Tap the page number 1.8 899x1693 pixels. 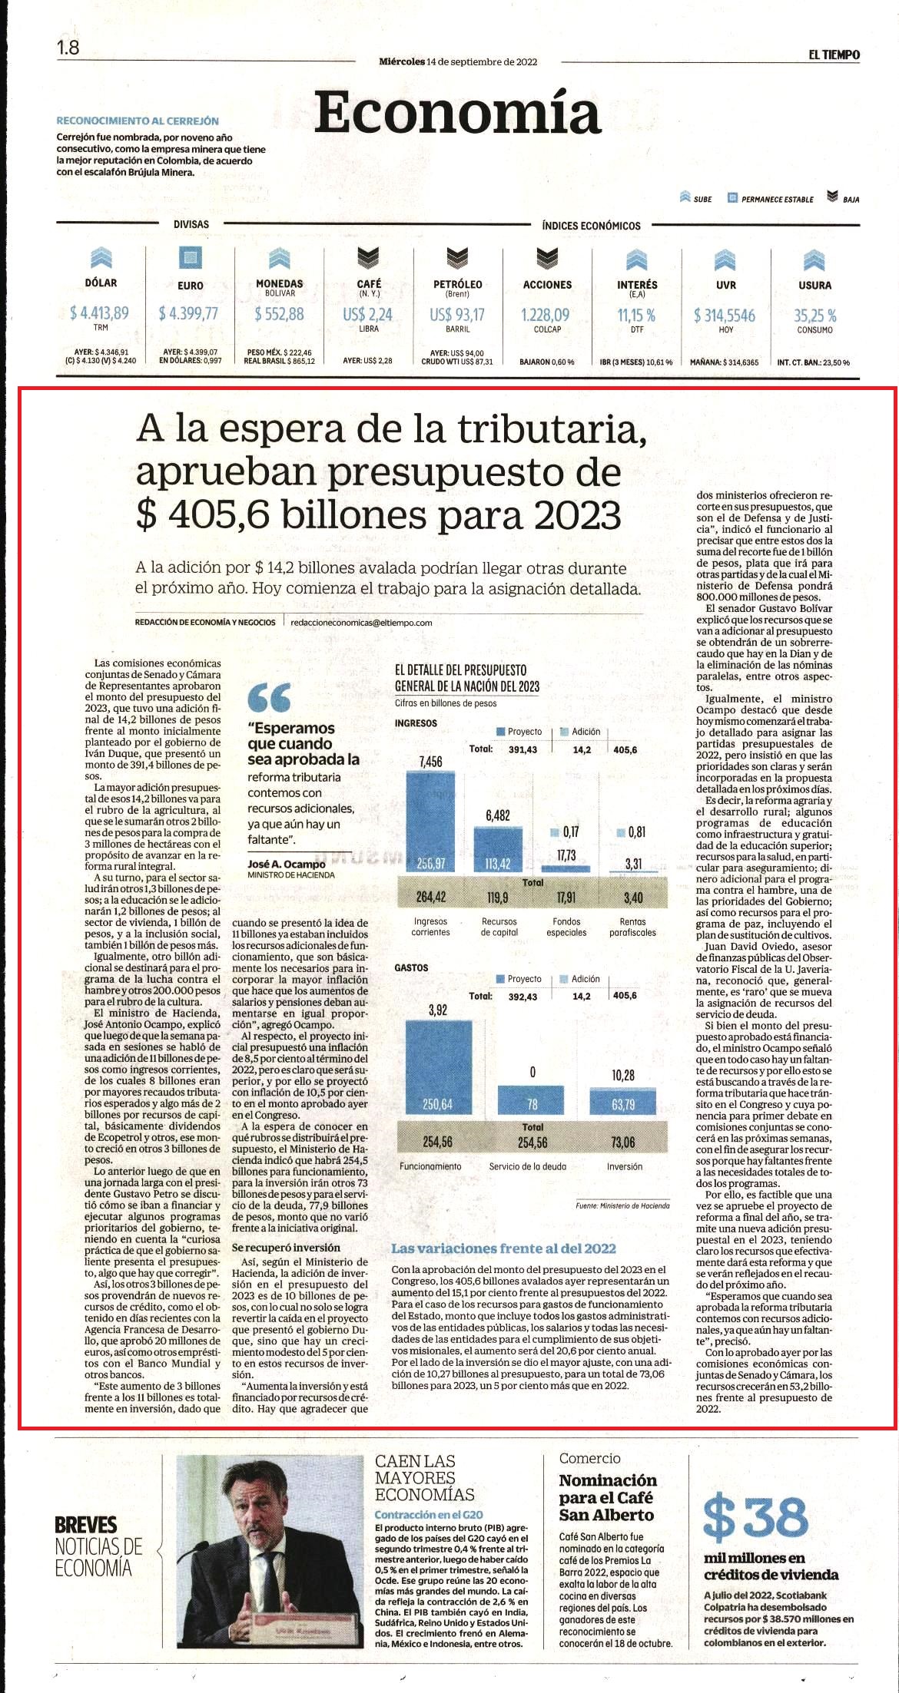(x=68, y=48)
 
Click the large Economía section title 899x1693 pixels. (x=457, y=113)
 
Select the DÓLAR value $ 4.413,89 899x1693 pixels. (x=99, y=313)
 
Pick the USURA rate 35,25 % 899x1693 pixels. (x=814, y=316)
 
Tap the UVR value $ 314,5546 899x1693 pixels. (x=725, y=316)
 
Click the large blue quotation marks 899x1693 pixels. (x=270, y=696)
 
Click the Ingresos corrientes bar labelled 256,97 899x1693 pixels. (x=430, y=822)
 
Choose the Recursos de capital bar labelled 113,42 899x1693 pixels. (x=498, y=850)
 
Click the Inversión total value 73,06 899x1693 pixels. (x=623, y=1142)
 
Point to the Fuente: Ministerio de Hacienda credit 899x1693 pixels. (x=622, y=1205)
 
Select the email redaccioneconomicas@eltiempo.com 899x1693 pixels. (x=362, y=623)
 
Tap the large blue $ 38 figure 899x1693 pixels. (x=756, y=1517)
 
